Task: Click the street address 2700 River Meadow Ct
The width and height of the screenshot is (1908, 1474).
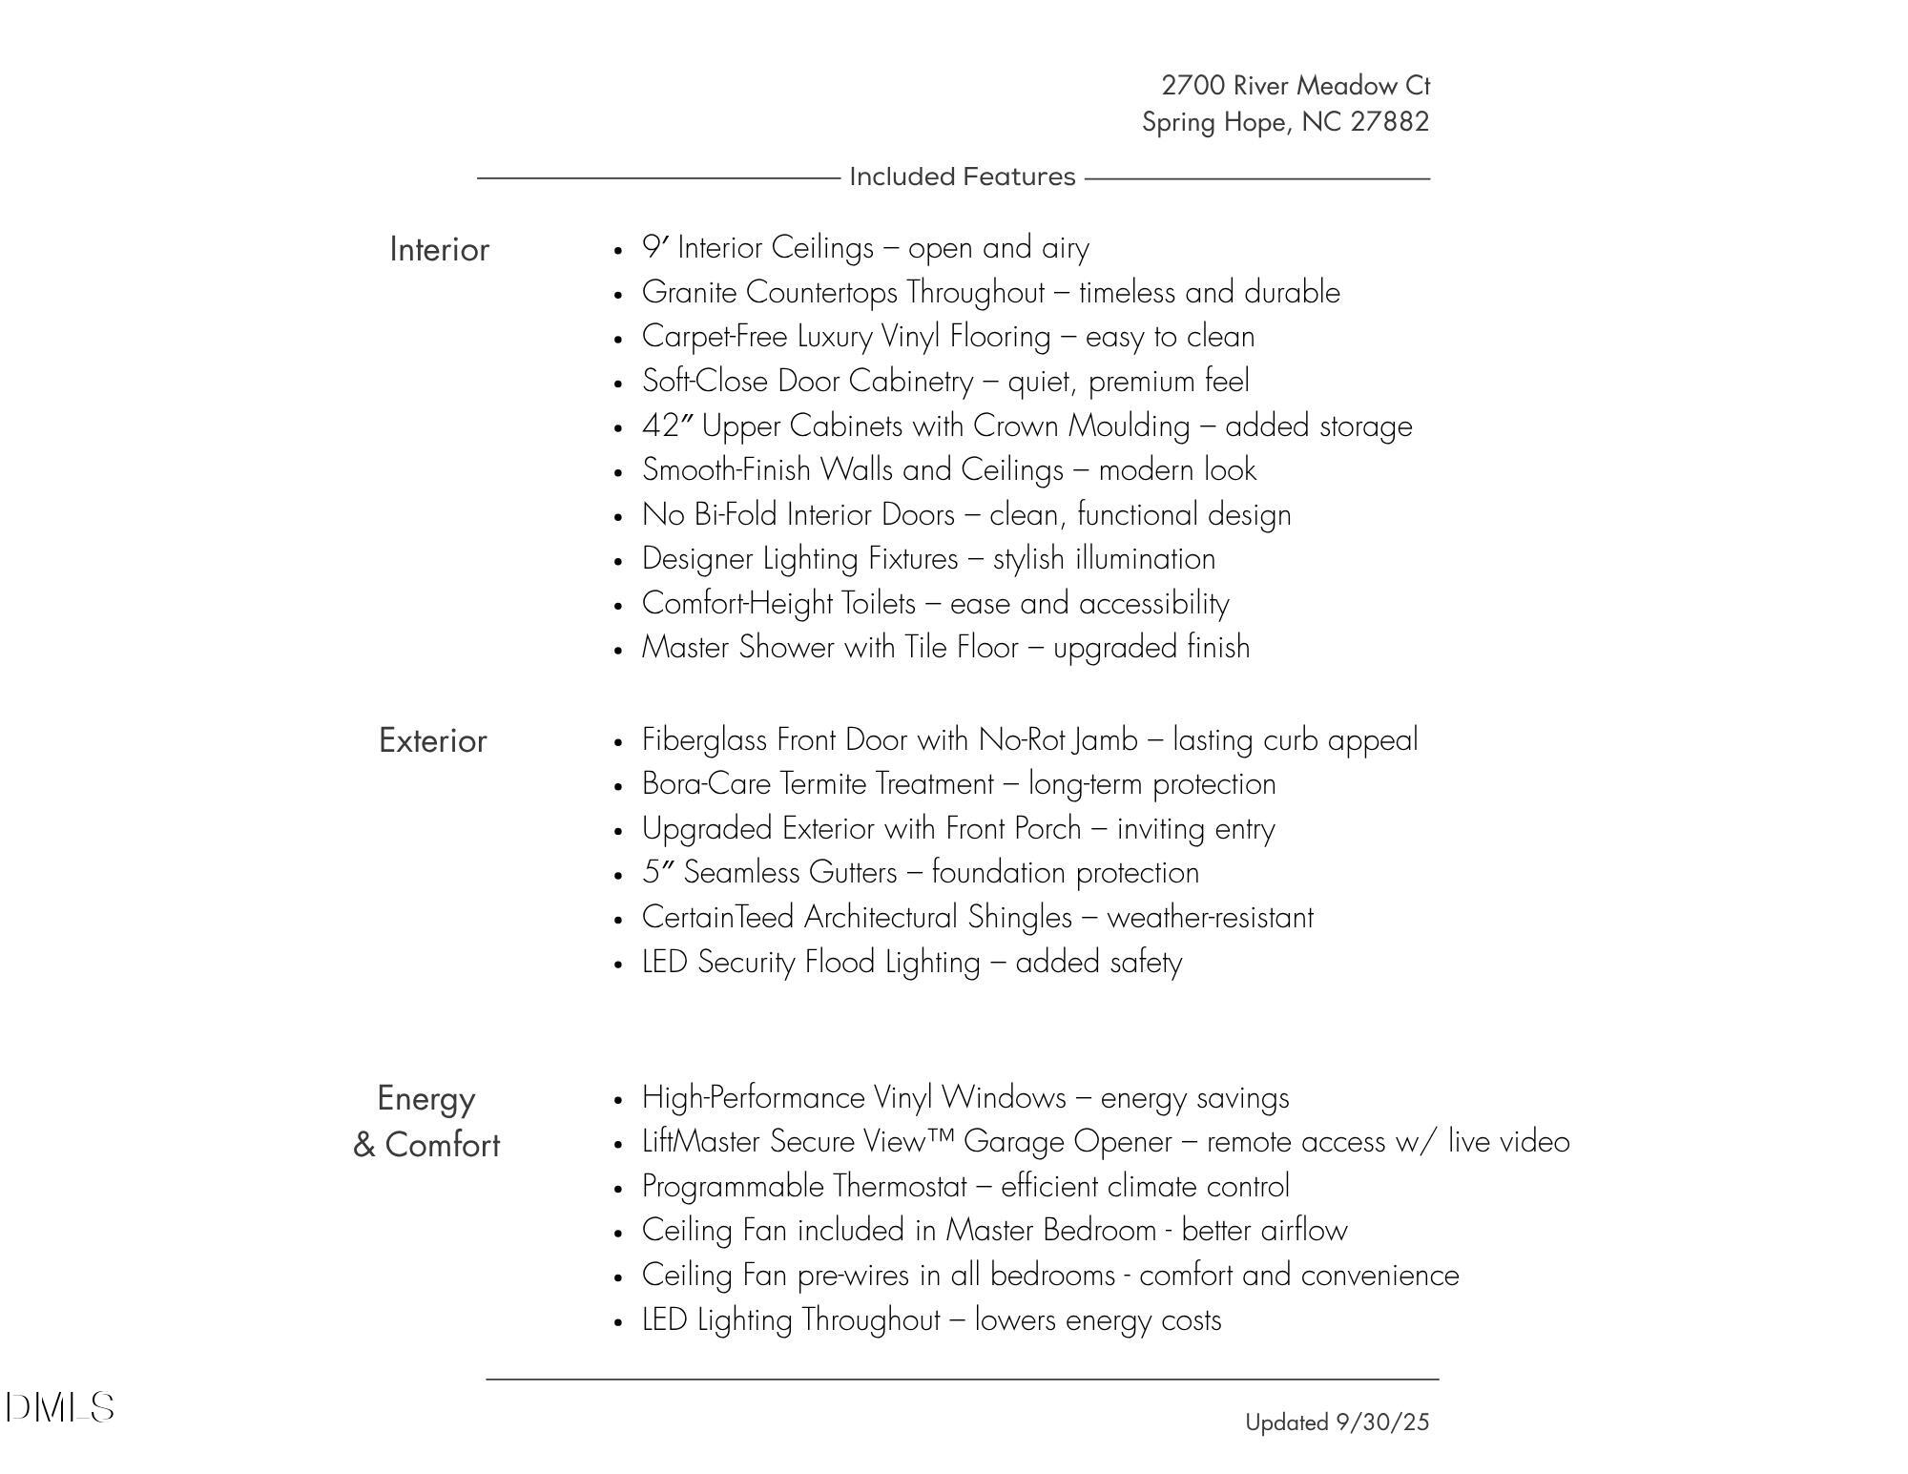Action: click(1296, 86)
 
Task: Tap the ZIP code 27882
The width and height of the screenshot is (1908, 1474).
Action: click(1389, 122)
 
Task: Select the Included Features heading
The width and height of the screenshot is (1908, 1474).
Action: click(962, 177)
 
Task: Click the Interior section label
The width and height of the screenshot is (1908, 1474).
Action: click(439, 250)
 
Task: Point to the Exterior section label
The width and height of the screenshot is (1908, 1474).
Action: click(432, 741)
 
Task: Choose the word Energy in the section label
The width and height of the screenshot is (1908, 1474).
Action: click(425, 1099)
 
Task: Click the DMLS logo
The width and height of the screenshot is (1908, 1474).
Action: click(59, 1407)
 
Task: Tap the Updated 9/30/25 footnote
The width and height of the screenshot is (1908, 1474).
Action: click(1337, 1422)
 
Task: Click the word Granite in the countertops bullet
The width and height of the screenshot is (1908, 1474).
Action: click(689, 293)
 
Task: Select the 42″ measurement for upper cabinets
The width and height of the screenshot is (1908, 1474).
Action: click(667, 426)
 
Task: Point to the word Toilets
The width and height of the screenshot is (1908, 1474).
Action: click(878, 604)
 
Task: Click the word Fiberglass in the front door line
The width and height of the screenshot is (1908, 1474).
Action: click(705, 740)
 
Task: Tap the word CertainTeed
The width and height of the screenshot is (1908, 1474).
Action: click(717, 918)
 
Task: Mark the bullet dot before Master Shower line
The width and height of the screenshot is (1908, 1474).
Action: click(619, 650)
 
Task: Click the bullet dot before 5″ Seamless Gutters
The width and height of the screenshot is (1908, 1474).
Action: click(619, 875)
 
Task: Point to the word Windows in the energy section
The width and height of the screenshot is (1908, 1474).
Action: click(1003, 1098)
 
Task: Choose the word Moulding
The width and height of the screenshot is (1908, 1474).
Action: click(1129, 426)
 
